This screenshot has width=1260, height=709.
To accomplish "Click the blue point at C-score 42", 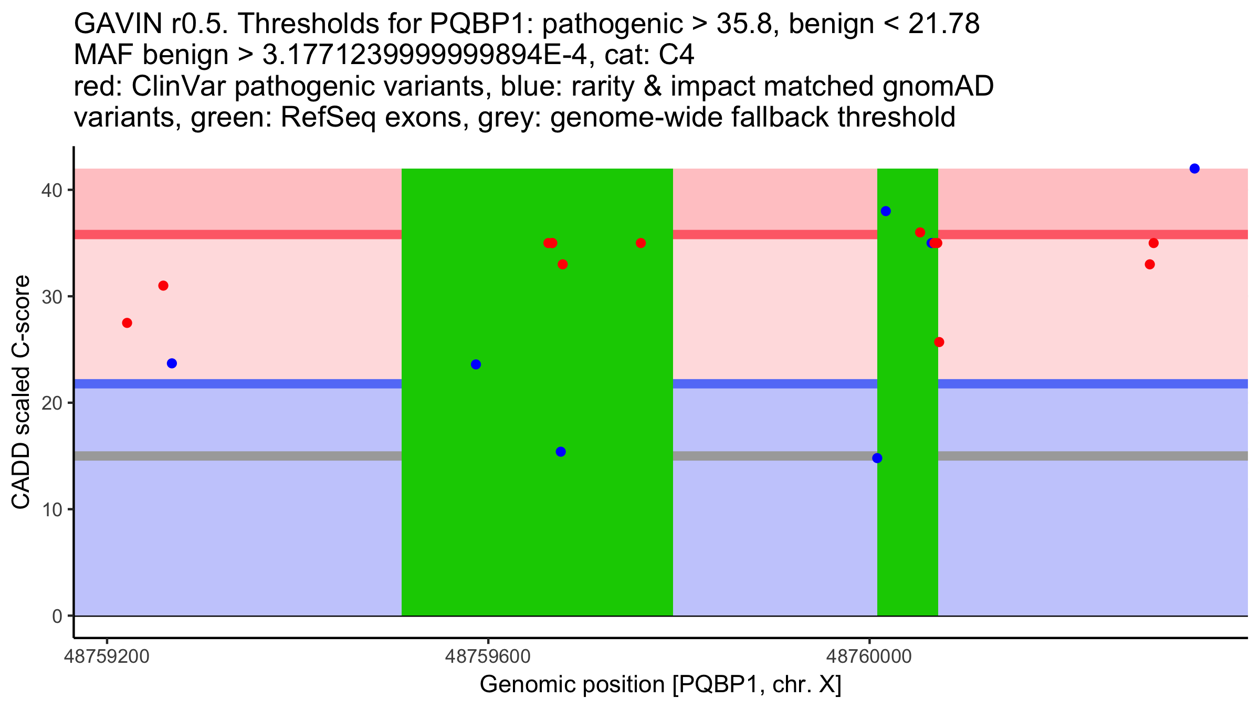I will pos(1194,169).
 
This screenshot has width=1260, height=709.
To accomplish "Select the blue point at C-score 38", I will pos(886,211).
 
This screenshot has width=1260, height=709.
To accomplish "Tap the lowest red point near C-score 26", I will pos(939,342).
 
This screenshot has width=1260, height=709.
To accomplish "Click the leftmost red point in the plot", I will pos(127,323).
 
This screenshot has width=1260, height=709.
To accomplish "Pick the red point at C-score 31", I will pos(163,286).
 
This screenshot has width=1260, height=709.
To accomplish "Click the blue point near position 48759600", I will pos(476,364).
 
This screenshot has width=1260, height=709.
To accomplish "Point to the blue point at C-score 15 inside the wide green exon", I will pos(561,452).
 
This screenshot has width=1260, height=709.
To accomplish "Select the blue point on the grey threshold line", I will pos(877,458).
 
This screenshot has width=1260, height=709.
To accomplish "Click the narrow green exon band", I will pos(908,525).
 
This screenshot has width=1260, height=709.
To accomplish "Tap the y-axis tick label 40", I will pos(51,190).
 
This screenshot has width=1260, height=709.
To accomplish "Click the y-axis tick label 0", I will pos(57,616).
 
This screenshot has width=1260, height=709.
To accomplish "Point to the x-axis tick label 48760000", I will pos(869,656).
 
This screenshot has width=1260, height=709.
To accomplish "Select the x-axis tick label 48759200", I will pos(107,656).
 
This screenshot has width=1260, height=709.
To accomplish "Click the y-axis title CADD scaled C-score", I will pos(21,392).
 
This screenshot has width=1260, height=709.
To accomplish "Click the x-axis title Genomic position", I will pos(660,685).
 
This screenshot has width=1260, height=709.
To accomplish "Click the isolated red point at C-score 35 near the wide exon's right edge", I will pos(640,243).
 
